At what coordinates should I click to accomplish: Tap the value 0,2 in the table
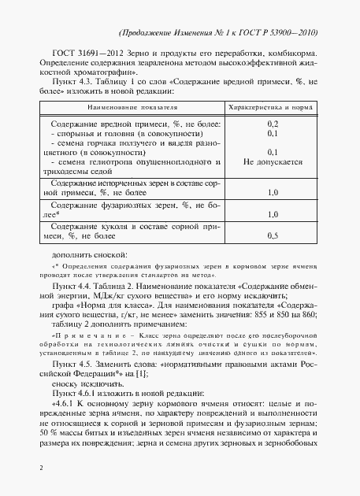(x=273, y=124)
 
